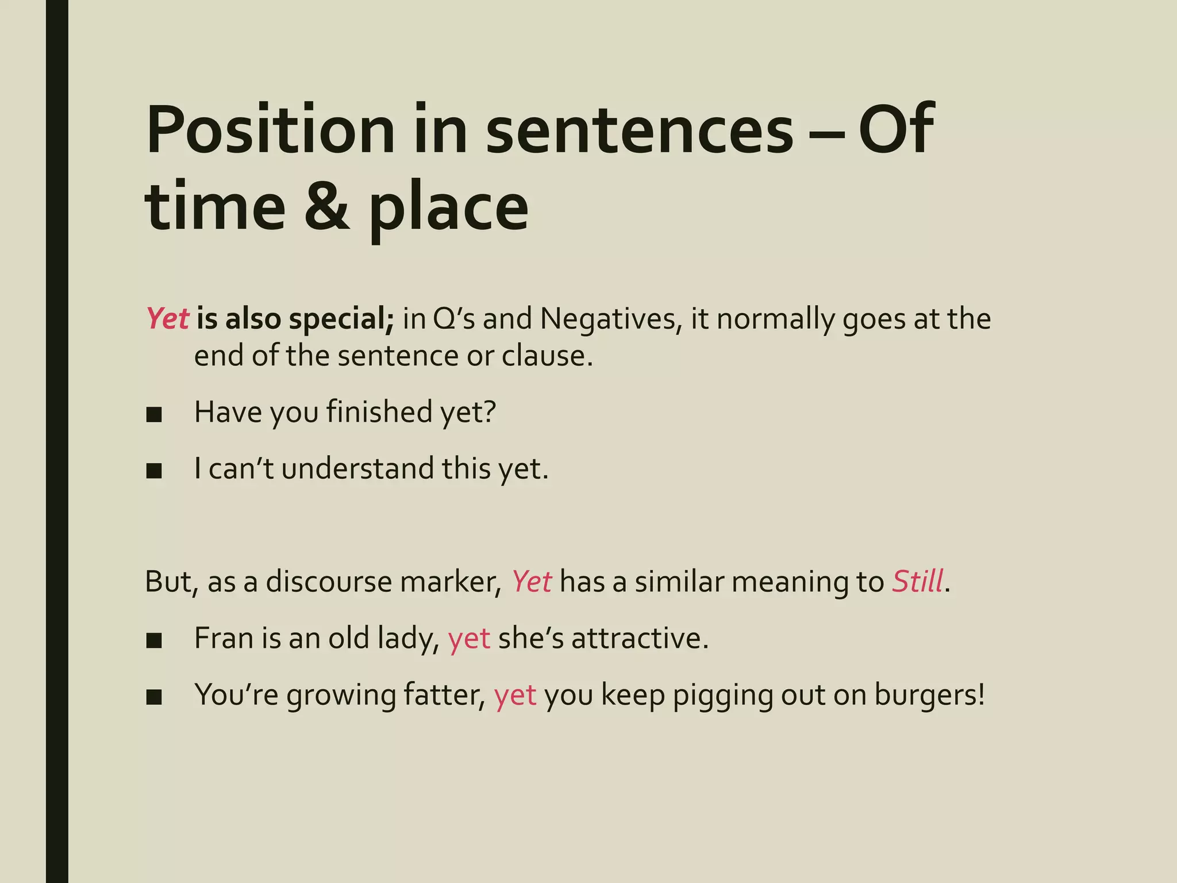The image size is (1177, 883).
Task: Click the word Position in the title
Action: pos(271,130)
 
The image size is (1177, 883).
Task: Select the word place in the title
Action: pos(448,209)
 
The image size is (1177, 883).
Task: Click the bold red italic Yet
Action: pos(167,319)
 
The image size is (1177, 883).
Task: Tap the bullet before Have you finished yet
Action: pos(154,414)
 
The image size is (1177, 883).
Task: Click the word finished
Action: pos(379,412)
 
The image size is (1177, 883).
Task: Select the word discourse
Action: pos(329,582)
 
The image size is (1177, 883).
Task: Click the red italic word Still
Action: pos(917,582)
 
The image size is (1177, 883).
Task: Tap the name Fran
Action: pos(224,638)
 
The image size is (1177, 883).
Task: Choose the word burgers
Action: pos(929,695)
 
